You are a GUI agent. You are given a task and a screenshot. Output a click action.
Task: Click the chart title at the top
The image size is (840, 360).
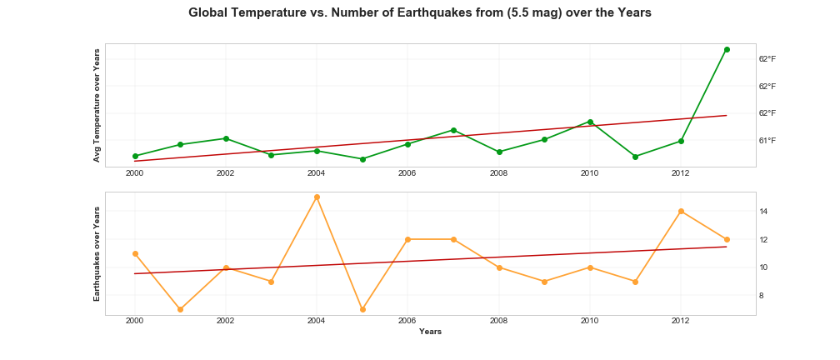(419, 13)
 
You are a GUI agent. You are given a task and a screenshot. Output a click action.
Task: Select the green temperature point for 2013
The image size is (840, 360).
(727, 49)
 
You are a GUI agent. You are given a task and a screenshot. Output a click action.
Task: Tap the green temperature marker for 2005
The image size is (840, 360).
(362, 159)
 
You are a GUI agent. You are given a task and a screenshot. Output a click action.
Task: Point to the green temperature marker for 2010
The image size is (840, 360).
(590, 122)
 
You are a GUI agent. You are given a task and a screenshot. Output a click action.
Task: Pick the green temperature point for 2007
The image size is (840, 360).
(453, 130)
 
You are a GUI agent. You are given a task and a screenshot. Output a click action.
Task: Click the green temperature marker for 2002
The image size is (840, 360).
(226, 138)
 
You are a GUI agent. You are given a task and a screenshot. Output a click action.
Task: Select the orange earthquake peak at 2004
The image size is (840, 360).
(317, 197)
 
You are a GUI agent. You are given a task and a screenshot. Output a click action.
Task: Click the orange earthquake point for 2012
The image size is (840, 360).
(681, 211)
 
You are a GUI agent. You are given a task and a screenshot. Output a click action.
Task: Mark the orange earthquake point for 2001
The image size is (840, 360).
(180, 309)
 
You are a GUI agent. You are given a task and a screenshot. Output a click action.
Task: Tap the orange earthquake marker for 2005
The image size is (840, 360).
(362, 309)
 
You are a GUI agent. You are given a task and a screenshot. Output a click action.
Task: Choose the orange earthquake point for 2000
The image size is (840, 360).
(135, 253)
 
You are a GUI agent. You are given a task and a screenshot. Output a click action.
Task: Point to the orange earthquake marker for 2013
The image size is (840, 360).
(727, 239)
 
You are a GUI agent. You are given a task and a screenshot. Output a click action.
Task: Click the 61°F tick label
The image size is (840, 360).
(767, 140)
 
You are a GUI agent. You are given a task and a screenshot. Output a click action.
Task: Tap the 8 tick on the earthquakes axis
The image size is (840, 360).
(762, 296)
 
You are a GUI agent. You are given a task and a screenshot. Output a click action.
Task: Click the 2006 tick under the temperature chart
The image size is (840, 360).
(407, 173)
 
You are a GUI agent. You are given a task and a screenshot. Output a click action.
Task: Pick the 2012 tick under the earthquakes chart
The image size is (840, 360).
(681, 321)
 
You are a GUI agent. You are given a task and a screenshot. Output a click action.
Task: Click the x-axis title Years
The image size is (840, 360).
(430, 332)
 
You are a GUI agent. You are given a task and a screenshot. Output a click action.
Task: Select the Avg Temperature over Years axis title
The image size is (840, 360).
(97, 105)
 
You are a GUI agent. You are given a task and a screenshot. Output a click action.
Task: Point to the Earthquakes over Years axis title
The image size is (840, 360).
(97, 253)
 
